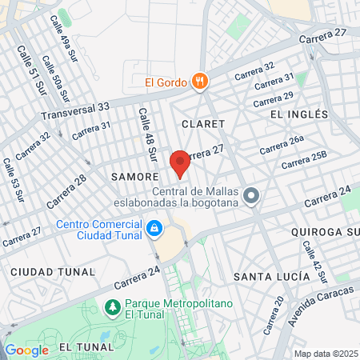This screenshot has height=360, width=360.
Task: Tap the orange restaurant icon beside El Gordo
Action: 200,81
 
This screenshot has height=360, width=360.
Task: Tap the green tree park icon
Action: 112,306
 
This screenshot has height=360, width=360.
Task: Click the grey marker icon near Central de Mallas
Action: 252,195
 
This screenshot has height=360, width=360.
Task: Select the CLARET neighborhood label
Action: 203,123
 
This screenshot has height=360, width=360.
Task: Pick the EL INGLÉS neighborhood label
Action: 299,114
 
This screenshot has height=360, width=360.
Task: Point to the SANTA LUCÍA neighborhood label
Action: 270,276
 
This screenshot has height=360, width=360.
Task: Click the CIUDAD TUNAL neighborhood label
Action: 47,272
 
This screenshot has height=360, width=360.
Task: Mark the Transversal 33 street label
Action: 75,111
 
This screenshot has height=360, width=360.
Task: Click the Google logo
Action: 26,350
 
